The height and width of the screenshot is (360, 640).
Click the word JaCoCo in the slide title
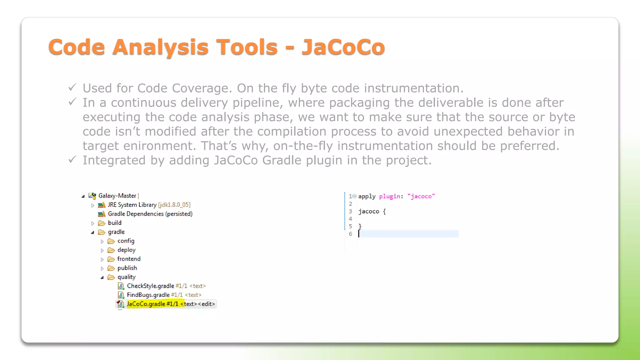343,47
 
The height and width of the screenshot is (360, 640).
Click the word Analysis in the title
160,47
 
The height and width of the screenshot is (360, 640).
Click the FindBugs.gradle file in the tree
148,295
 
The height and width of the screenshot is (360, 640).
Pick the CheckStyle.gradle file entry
150,286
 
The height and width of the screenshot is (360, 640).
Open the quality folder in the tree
126,277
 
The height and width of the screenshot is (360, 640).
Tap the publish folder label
127,268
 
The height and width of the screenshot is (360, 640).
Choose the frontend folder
129,259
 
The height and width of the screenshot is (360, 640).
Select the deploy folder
126,250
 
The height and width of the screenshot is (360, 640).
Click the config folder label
126,241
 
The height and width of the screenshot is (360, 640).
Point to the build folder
114,223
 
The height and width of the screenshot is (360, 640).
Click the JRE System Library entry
132,205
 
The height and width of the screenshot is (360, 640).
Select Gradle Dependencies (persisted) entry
150,214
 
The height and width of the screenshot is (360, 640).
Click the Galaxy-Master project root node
117,196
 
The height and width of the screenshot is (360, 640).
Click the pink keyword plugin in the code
389,196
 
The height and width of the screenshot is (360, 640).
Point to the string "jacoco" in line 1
421,196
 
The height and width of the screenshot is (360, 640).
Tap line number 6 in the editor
350,234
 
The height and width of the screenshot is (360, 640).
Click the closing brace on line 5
360,226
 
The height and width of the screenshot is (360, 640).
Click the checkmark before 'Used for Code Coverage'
72,87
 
